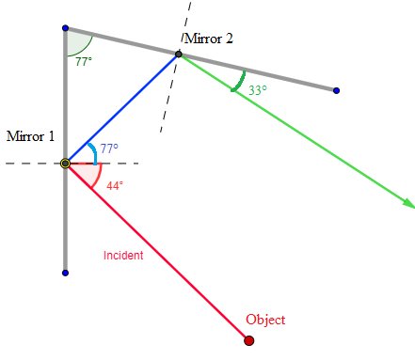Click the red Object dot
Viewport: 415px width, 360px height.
pyautogui.click(x=248, y=340)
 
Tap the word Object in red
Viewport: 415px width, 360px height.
pyautogui.click(x=264, y=320)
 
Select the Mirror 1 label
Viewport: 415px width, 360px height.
pyautogui.click(x=30, y=136)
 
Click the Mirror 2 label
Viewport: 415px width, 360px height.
pyautogui.click(x=208, y=39)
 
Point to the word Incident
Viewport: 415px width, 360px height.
pyautogui.click(x=123, y=256)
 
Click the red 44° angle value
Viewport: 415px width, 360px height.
pyautogui.click(x=114, y=186)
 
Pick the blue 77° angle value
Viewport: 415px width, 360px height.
pyautogui.click(x=108, y=149)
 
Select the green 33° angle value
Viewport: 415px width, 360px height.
pyautogui.click(x=258, y=90)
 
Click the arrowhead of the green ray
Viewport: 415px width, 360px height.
pyautogui.click(x=408, y=202)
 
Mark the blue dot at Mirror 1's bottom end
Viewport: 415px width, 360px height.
pyautogui.click(x=65, y=273)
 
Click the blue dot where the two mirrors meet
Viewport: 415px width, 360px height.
pyautogui.click(x=65, y=28)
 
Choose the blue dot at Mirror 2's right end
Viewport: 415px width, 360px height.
pyautogui.click(x=336, y=90)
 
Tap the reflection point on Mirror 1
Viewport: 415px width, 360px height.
pyautogui.click(x=65, y=164)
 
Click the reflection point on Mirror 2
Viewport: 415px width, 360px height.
pyautogui.click(x=179, y=55)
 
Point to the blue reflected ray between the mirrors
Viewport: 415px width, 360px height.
pyautogui.click(x=122, y=108)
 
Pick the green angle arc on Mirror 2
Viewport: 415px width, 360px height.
pyautogui.click(x=239, y=82)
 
